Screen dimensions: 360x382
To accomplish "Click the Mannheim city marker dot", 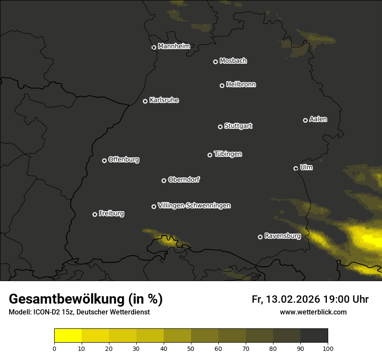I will coord(154,48).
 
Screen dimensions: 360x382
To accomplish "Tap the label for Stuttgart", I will coord(238,126).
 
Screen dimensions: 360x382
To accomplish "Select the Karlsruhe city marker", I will coord(145,101).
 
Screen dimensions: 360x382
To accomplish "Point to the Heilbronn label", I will coord(241,85).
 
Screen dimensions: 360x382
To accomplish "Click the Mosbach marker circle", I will coord(215,62).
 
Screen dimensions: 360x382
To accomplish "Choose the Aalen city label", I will coord(318,119).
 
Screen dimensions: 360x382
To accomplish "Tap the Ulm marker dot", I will coord(296,168).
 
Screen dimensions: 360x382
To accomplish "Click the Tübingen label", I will coord(228,154).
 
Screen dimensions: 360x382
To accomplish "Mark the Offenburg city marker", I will coord(104,160).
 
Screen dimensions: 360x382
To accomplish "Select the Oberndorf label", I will coord(184,180).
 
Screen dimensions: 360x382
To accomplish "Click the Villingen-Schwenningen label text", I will coord(194,206).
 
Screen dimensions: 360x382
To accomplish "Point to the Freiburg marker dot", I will coord(95,214).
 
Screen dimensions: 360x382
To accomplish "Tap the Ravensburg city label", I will coord(282,236).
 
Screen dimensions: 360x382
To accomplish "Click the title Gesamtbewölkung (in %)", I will coord(86,299).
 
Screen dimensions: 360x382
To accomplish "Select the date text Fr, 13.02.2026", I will coord(286,299).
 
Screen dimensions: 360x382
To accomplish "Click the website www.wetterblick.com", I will coord(313,312).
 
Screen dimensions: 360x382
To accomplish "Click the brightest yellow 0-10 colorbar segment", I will coord(68,336).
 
